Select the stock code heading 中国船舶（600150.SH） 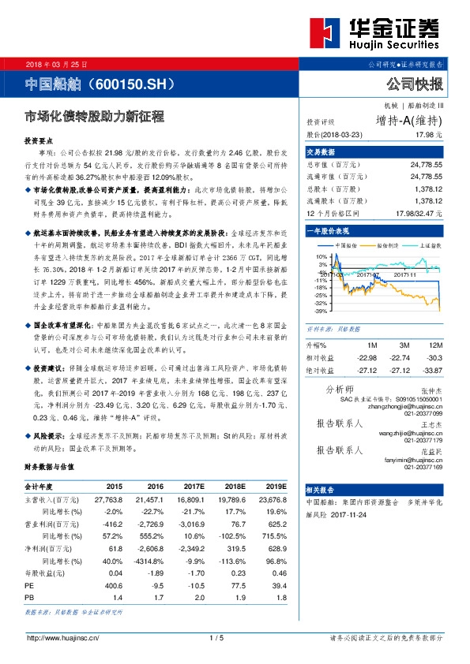point(100,83)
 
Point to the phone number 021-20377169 point(427,467)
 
